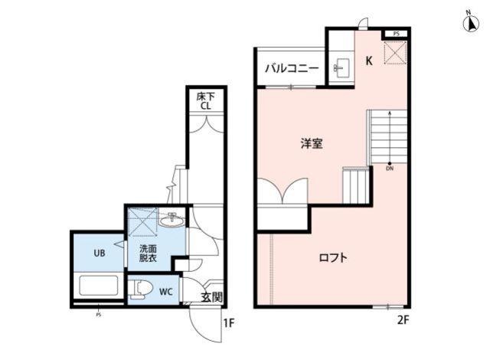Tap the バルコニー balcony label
tap(292, 69)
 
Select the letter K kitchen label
tap(369, 61)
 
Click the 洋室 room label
tap(310, 142)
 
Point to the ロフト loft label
tap(334, 258)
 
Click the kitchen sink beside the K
tap(341, 67)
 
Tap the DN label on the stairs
tap(390, 169)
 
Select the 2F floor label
tap(402, 319)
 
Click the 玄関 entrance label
tap(211, 298)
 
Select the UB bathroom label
tap(99, 253)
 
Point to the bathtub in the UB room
tap(98, 286)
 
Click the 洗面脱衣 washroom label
tap(148, 254)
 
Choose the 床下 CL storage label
tap(205, 102)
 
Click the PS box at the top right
tap(396, 34)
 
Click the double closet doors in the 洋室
tap(283, 190)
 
